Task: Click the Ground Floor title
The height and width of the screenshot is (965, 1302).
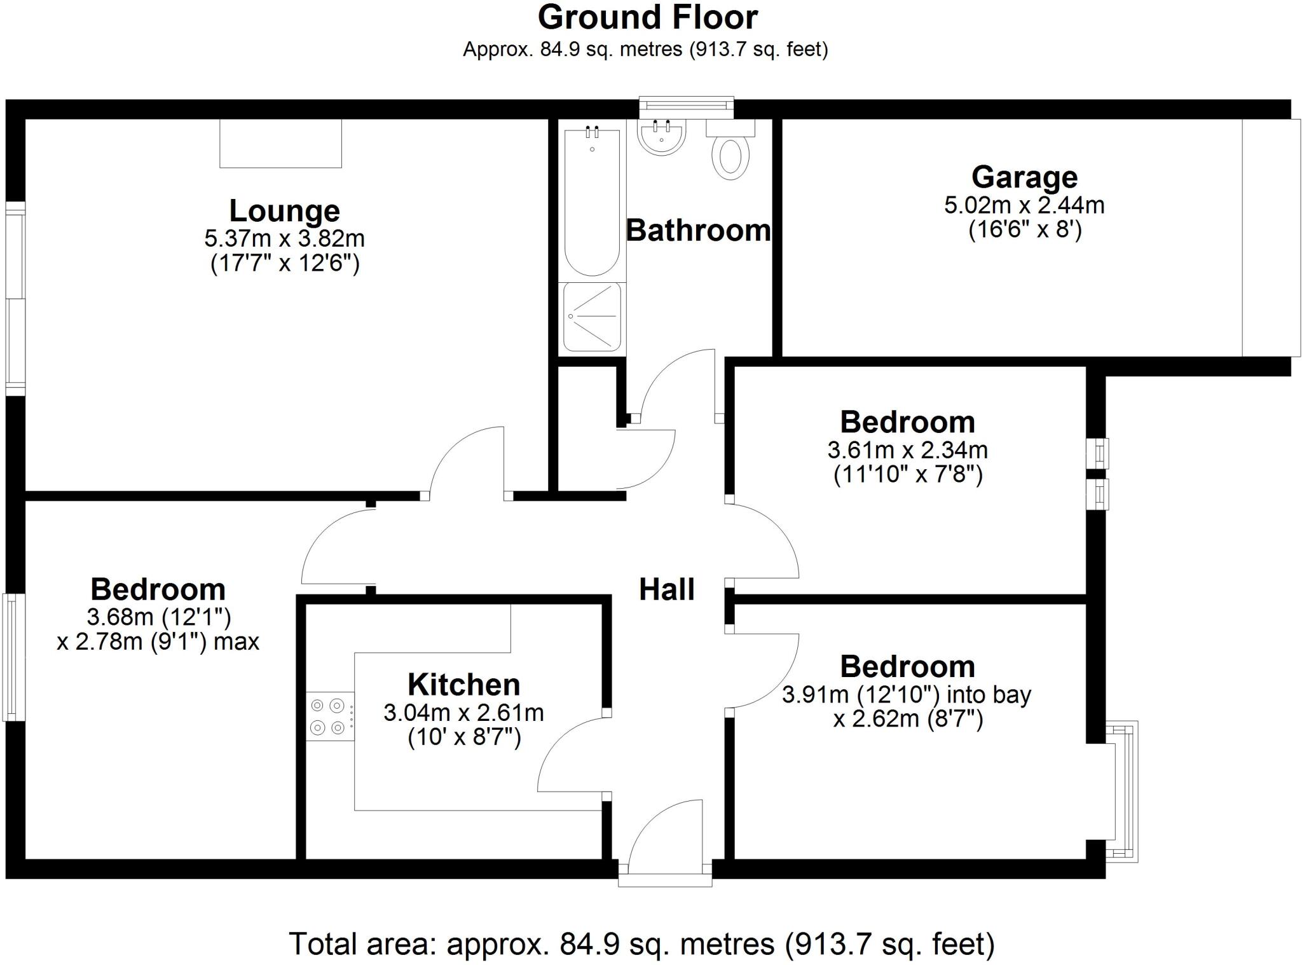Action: (647, 18)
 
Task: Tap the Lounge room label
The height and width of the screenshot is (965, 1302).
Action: (284, 210)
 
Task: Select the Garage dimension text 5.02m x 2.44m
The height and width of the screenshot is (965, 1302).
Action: (1024, 205)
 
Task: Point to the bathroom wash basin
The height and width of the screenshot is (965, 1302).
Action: (661, 137)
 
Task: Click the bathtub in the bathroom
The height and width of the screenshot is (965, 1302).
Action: (592, 202)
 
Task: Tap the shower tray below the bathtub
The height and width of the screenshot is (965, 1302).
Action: (592, 317)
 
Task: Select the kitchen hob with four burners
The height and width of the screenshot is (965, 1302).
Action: (329, 716)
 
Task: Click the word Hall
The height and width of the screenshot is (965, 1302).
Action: (666, 589)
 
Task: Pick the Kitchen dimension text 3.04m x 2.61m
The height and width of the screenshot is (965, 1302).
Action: (463, 713)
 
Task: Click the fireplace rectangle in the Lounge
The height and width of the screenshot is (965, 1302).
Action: (280, 144)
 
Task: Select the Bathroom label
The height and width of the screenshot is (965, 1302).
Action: (698, 230)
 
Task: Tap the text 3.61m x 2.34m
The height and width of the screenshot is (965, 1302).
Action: (907, 450)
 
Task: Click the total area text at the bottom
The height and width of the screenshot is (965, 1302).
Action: (641, 944)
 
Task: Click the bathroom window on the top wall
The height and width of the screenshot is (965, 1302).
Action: (686, 107)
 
